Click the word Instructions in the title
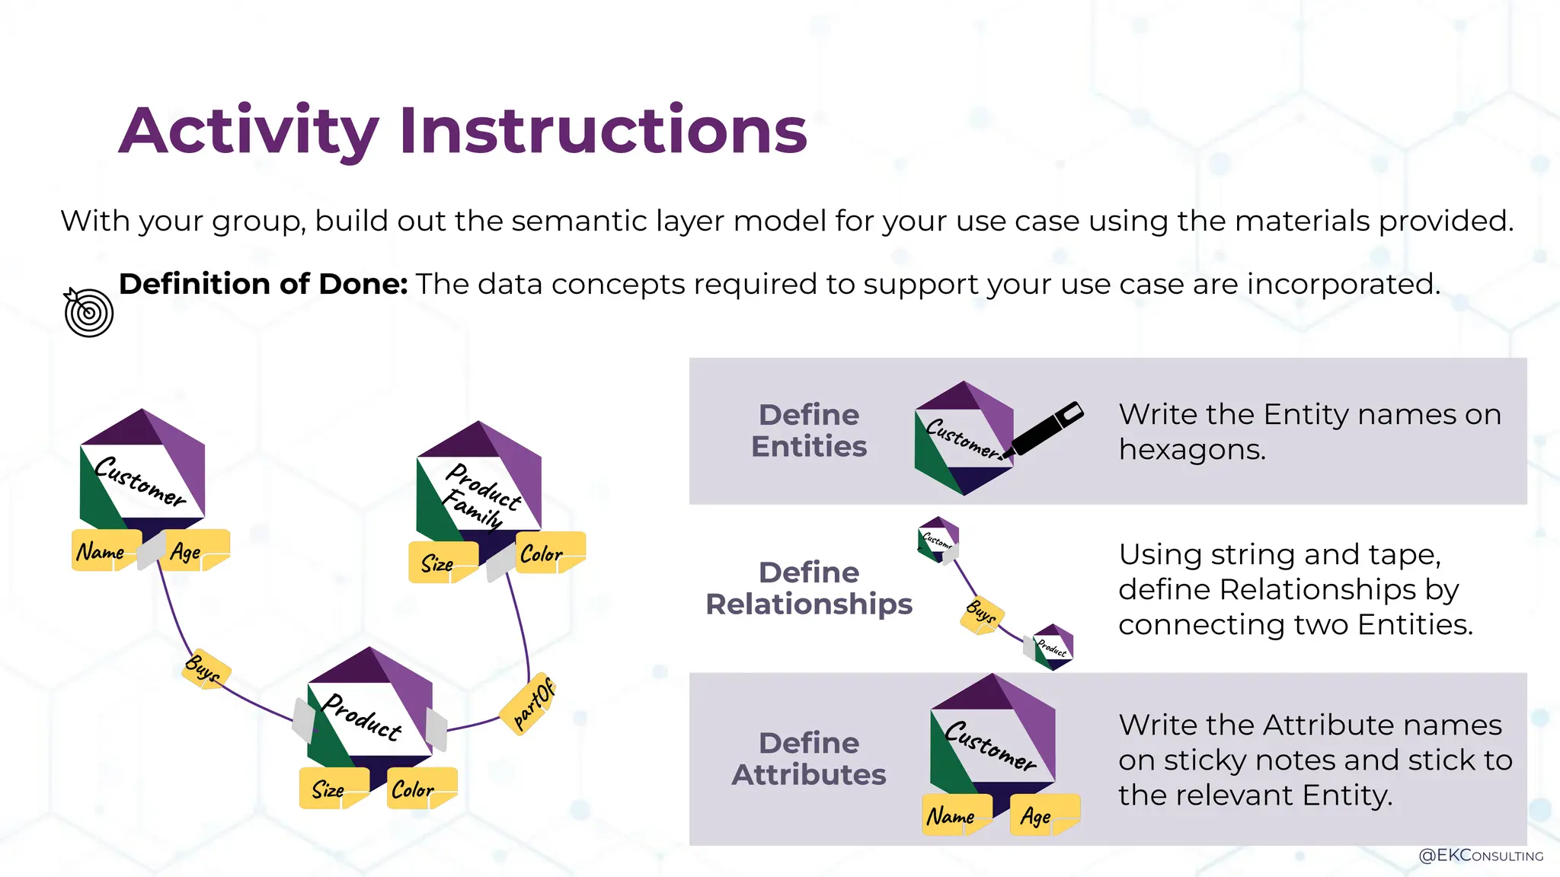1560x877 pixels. pos(603,131)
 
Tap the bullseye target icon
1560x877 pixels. pos(88,312)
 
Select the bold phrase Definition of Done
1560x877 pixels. pos(263,284)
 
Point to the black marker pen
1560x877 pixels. pos(1045,430)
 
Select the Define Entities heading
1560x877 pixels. pos(808,430)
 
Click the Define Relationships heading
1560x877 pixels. pos(808,588)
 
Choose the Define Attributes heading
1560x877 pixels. pos(808,758)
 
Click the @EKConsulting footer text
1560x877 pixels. pos(1480,856)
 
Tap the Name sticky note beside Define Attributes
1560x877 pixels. pos(953,815)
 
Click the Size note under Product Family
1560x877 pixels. pos(440,563)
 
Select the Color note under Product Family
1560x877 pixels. pos(545,553)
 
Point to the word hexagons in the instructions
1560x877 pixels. pos(1191,450)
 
